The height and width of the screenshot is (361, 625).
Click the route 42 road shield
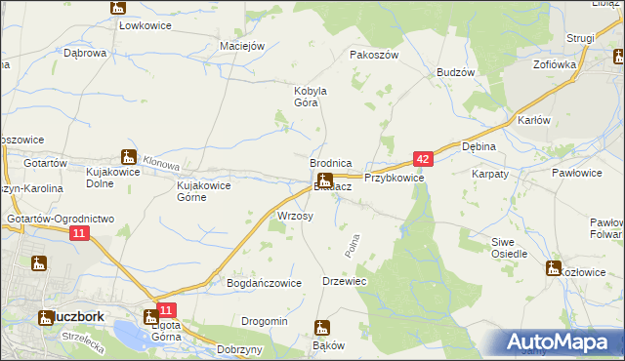click(422, 158)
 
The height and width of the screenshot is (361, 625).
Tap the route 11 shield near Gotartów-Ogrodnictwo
click(80, 233)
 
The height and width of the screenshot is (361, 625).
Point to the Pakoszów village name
click(374, 56)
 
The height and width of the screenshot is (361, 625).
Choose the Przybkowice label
click(394, 179)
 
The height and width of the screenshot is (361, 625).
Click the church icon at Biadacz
click(325, 180)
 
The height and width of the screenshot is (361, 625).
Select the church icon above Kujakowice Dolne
click(127, 155)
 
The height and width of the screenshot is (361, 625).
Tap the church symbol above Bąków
click(323, 328)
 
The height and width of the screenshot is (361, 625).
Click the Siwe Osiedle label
click(510, 248)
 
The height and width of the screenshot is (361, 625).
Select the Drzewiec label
click(344, 281)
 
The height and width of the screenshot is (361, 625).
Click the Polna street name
click(354, 245)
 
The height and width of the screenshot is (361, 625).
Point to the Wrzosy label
click(295, 216)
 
